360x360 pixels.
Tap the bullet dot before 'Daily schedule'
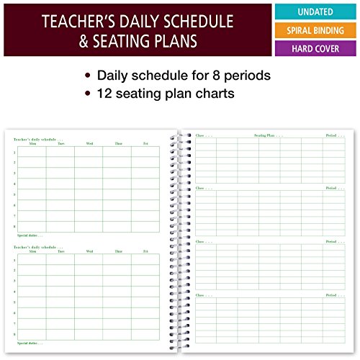point(88,76)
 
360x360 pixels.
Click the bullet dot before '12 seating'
point(88,94)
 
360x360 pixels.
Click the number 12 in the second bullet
point(105,94)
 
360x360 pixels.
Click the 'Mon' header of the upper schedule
point(32,143)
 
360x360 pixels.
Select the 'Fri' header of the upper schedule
point(145,143)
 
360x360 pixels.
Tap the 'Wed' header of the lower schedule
point(89,251)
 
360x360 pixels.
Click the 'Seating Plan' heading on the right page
point(267,135)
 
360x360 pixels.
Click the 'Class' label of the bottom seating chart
point(201,294)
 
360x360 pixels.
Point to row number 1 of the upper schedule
point(15,152)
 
